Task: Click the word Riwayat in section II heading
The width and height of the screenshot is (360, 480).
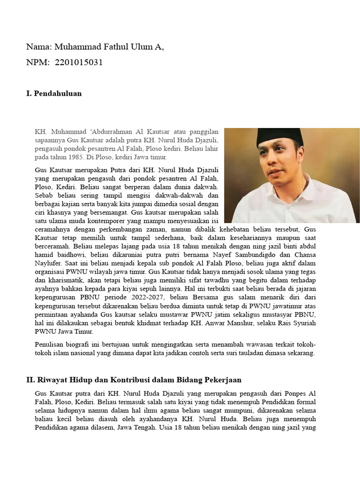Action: [x=50, y=379]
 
